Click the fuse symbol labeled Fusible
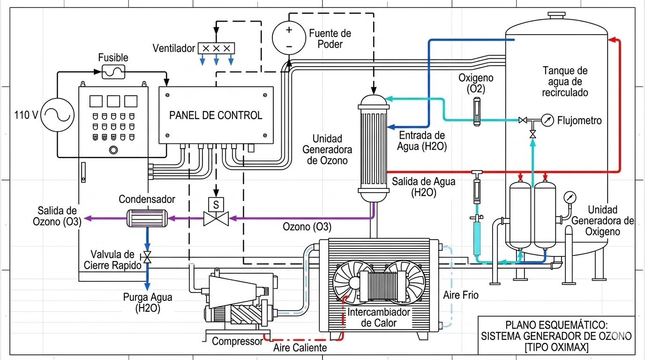point(113,72)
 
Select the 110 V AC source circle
point(58,114)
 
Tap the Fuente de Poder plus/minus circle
point(289,38)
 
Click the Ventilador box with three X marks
point(216,48)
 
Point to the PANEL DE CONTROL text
point(216,115)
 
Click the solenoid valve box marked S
point(216,204)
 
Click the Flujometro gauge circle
point(547,120)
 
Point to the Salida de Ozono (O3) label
point(57,217)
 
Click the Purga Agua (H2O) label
point(148,302)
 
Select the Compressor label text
point(237,341)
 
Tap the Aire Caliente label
point(300,348)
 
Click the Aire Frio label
point(461,296)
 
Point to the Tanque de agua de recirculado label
point(565,82)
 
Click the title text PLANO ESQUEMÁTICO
point(556,325)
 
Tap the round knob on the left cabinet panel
point(112,150)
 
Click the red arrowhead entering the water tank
point(611,41)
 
